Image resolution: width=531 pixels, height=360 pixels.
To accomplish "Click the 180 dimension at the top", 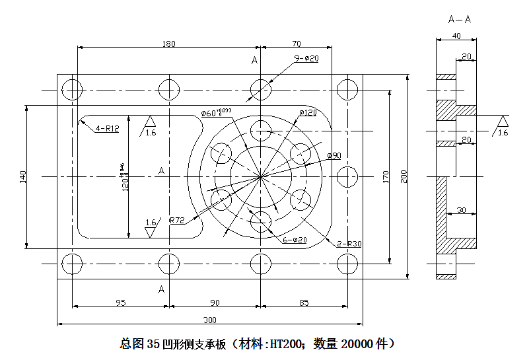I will pyautogui.click(x=168, y=44).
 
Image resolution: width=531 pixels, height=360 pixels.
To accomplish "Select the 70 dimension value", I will pyautogui.click(x=296, y=44).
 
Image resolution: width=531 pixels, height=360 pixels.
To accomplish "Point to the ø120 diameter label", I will pyautogui.click(x=308, y=113).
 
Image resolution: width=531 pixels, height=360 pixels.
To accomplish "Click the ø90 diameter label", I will pyautogui.click(x=334, y=155).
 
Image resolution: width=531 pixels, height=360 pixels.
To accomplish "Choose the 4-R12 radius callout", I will pyautogui.click(x=107, y=128).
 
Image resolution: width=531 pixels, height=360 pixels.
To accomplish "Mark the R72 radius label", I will pyautogui.click(x=177, y=219).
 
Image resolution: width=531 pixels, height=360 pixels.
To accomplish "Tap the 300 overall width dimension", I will pyautogui.click(x=209, y=320).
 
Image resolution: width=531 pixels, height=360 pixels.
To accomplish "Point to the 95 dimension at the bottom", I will pyautogui.click(x=120, y=303).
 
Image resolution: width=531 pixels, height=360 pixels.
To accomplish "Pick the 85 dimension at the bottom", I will pyautogui.click(x=303, y=303).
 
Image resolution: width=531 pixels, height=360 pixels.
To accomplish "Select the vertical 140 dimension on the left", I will pyautogui.click(x=23, y=176).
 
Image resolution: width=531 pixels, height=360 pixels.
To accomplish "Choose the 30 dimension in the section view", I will pyautogui.click(x=460, y=210).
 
